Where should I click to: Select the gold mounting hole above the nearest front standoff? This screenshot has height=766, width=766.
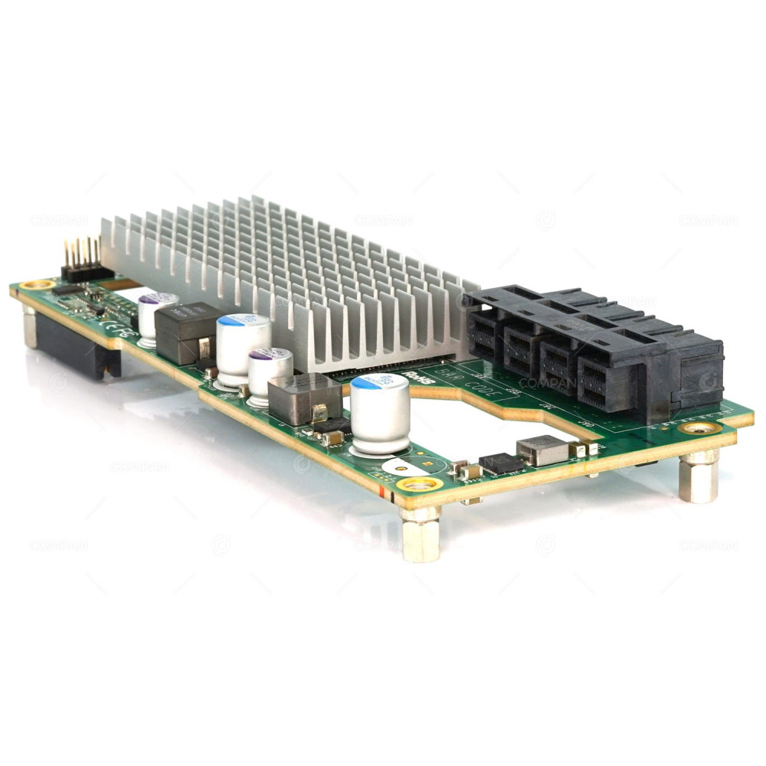coord(418,484)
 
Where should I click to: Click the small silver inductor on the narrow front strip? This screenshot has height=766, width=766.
coord(542,450)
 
